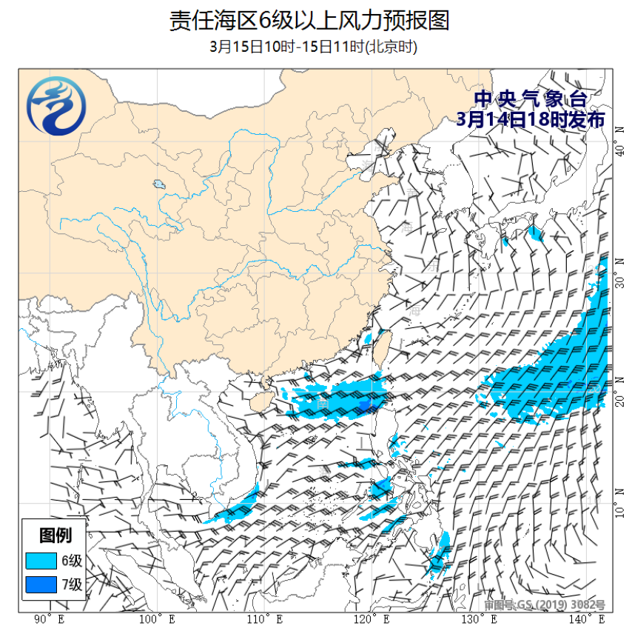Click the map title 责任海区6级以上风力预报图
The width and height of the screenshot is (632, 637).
click(309, 21)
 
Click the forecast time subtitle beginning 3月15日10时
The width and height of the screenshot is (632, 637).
click(314, 47)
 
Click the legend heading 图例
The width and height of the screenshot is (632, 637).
click(55, 535)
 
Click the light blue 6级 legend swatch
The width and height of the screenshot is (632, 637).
click(41, 561)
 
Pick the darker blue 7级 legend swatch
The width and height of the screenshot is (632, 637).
click(41, 585)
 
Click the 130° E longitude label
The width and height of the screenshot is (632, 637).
click(480, 618)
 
